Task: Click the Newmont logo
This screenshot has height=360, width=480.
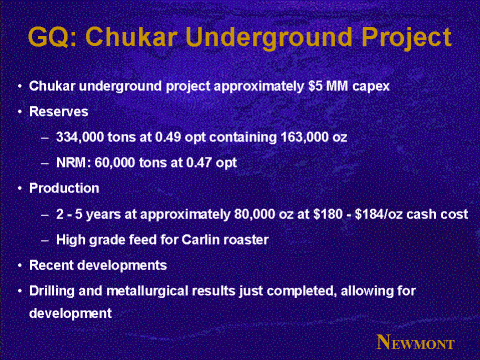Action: (415, 342)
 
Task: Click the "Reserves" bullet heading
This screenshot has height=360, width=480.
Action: (59, 112)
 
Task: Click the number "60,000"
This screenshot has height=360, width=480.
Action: (115, 163)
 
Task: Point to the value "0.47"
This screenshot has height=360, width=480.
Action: (199, 163)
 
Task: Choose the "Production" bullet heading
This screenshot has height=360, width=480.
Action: (64, 188)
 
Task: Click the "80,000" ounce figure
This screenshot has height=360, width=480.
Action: (255, 214)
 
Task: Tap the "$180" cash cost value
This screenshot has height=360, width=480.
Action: (328, 214)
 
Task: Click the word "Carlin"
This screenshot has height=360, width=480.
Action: (200, 240)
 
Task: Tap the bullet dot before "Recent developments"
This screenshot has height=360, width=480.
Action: (20, 266)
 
